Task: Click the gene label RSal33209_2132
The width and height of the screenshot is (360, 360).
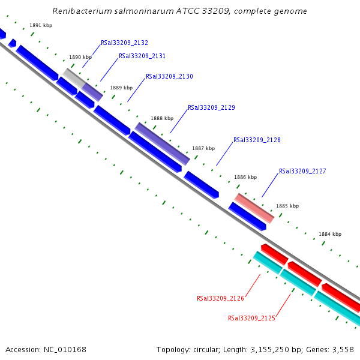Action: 124,43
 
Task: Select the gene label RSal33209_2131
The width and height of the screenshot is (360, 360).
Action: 142,56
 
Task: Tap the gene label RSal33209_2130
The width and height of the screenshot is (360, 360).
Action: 169,77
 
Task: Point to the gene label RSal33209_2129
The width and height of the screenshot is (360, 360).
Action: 211,108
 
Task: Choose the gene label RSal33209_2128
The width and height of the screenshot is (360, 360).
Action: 257,140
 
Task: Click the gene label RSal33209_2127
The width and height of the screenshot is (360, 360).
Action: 302,172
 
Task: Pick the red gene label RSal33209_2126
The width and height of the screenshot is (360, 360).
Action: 220,298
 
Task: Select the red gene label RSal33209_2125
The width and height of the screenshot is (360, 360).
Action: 251,319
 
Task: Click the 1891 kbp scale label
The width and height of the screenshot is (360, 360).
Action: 41,26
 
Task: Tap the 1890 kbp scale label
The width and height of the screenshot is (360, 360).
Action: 80,57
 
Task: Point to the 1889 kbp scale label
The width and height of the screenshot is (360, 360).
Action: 121,88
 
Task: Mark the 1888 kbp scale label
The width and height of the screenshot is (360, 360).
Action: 162,119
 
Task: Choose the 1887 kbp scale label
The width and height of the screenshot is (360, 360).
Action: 203,148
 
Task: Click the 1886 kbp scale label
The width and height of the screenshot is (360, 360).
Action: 245,177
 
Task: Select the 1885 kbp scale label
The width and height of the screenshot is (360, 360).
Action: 287,206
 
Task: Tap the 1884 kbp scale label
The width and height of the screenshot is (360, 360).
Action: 330,234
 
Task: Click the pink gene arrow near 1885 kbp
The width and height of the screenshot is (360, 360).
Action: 254,208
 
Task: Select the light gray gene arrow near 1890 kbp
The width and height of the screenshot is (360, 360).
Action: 74,77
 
